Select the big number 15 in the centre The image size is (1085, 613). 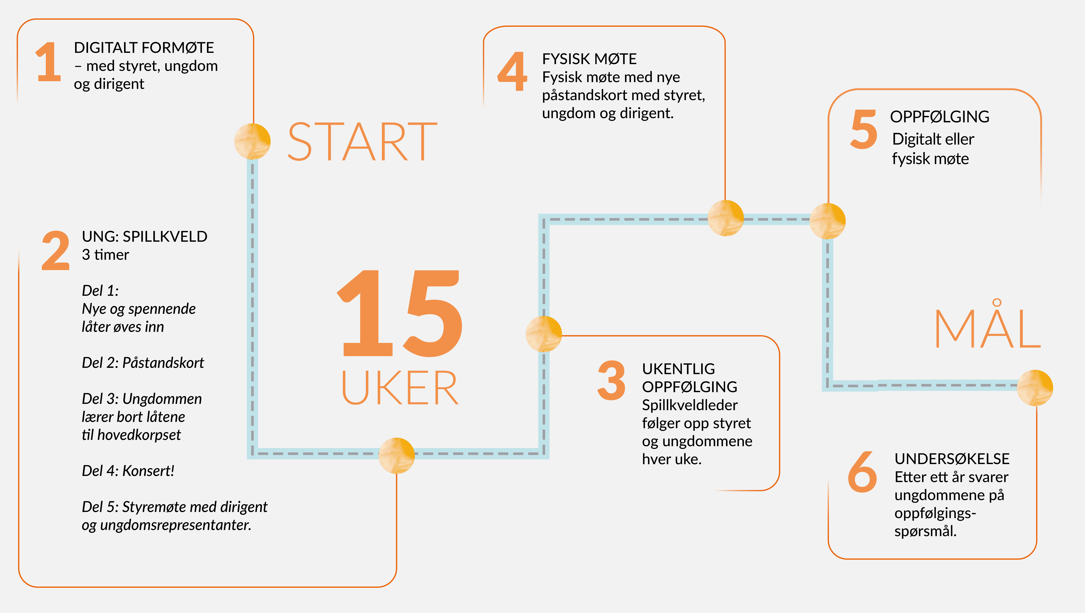(400, 314)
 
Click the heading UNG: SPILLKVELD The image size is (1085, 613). (144, 237)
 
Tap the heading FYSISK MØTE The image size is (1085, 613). (589, 59)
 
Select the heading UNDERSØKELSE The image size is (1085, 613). (952, 459)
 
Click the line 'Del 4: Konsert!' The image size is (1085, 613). (128, 471)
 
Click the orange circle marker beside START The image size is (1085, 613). (252, 141)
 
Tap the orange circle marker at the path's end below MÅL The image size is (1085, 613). (1035, 387)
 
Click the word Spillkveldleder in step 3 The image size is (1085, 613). (689, 405)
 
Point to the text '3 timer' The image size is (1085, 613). (105, 255)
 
